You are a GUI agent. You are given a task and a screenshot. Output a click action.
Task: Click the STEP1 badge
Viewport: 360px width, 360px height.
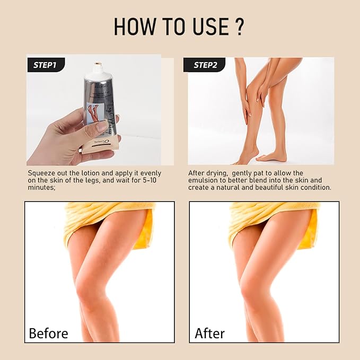pyautogui.click(x=45, y=65)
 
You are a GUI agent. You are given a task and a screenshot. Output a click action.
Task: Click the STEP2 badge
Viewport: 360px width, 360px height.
pyautogui.click(x=204, y=65)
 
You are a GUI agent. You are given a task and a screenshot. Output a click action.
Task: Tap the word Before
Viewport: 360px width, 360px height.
pyautogui.click(x=48, y=333)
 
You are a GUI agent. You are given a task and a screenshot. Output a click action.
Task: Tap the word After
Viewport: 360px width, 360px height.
pyautogui.click(x=209, y=333)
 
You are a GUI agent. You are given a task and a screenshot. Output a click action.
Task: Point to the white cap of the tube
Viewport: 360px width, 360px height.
pyautogui.click(x=97, y=67)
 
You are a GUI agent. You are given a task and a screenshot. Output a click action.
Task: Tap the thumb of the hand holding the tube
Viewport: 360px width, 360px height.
pyautogui.click(x=101, y=126)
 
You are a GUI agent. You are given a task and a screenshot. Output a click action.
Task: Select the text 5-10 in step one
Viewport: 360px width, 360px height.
pyautogui.click(x=151, y=180)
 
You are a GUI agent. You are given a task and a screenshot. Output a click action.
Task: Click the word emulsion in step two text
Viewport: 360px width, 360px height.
pyautogui.click(x=204, y=180)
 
